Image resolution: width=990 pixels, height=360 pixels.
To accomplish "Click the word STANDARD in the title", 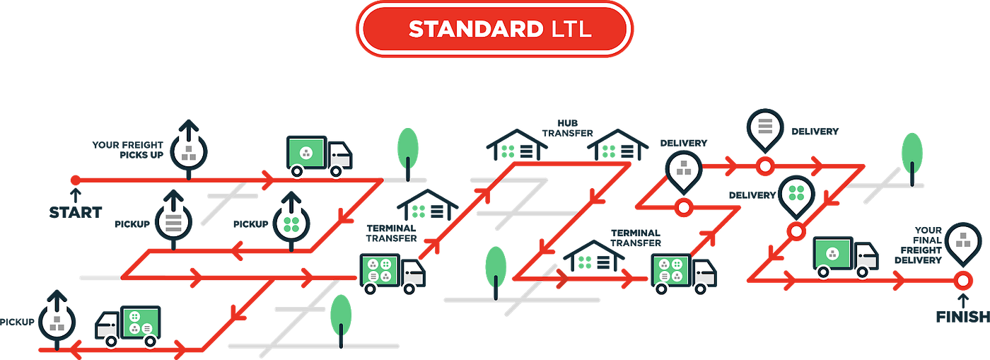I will (474, 29).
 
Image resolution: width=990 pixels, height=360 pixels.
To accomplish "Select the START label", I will (76, 211).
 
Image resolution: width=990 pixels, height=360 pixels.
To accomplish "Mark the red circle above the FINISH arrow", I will (962, 281).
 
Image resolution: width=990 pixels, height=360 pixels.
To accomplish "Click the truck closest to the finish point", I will (846, 257).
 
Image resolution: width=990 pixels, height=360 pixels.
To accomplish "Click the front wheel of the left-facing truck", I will (110, 341).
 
